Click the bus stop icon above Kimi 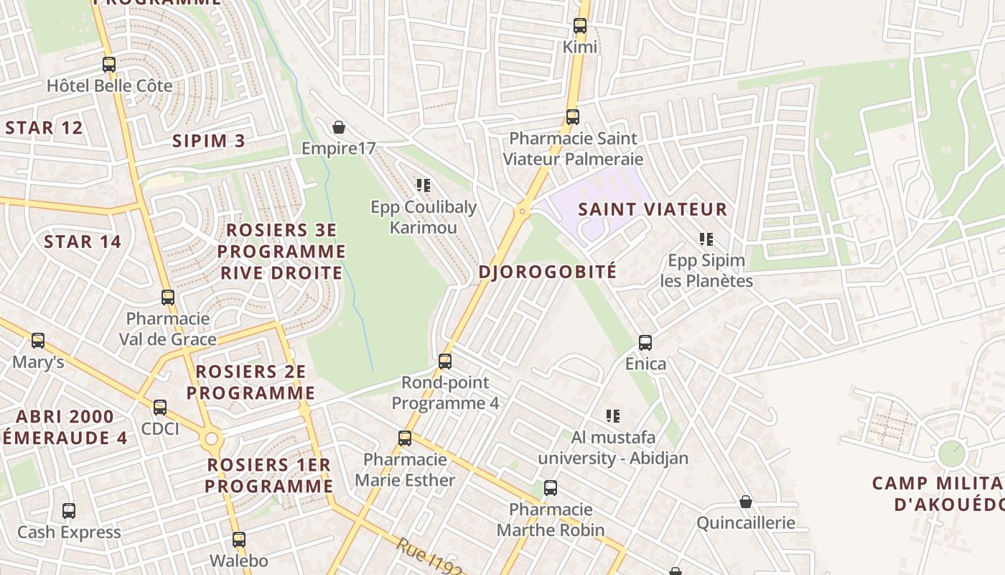[x=580, y=26]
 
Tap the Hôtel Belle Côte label [x=109, y=86]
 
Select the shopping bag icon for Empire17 [x=339, y=128]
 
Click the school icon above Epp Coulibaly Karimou [x=424, y=185]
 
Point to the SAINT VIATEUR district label [x=653, y=210]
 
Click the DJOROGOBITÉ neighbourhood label [x=548, y=272]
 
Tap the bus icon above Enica [x=645, y=343]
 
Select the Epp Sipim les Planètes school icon [x=706, y=239]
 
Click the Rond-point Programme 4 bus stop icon [x=445, y=362]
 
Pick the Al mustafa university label [x=613, y=447]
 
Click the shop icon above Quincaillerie [x=746, y=502]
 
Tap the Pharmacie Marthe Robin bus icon [x=551, y=488]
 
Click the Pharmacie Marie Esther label [x=405, y=469]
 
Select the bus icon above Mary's [x=38, y=341]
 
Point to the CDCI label [x=160, y=429]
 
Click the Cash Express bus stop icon [x=69, y=511]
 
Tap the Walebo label [x=238, y=561]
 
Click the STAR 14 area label [x=83, y=241]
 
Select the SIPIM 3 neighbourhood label [x=208, y=141]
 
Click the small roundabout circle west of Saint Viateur [x=523, y=211]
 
